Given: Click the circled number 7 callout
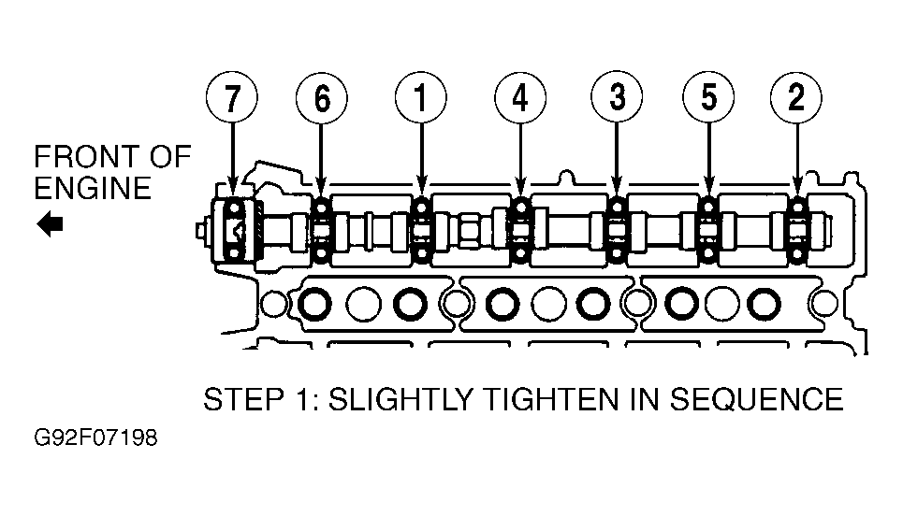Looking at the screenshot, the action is click(231, 98).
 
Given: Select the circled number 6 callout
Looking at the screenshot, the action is click(322, 98).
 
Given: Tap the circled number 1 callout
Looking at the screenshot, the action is click(421, 98).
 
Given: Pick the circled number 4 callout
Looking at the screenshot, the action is click(520, 98).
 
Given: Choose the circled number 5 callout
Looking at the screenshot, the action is click(708, 98).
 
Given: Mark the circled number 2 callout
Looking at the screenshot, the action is click(796, 98).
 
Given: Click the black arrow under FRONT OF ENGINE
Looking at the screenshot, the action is click(50, 223).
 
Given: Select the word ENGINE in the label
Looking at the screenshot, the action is click(93, 189).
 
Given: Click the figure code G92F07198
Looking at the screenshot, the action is click(95, 438).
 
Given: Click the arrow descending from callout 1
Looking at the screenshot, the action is click(421, 159).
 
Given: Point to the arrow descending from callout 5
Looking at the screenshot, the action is click(708, 159).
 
